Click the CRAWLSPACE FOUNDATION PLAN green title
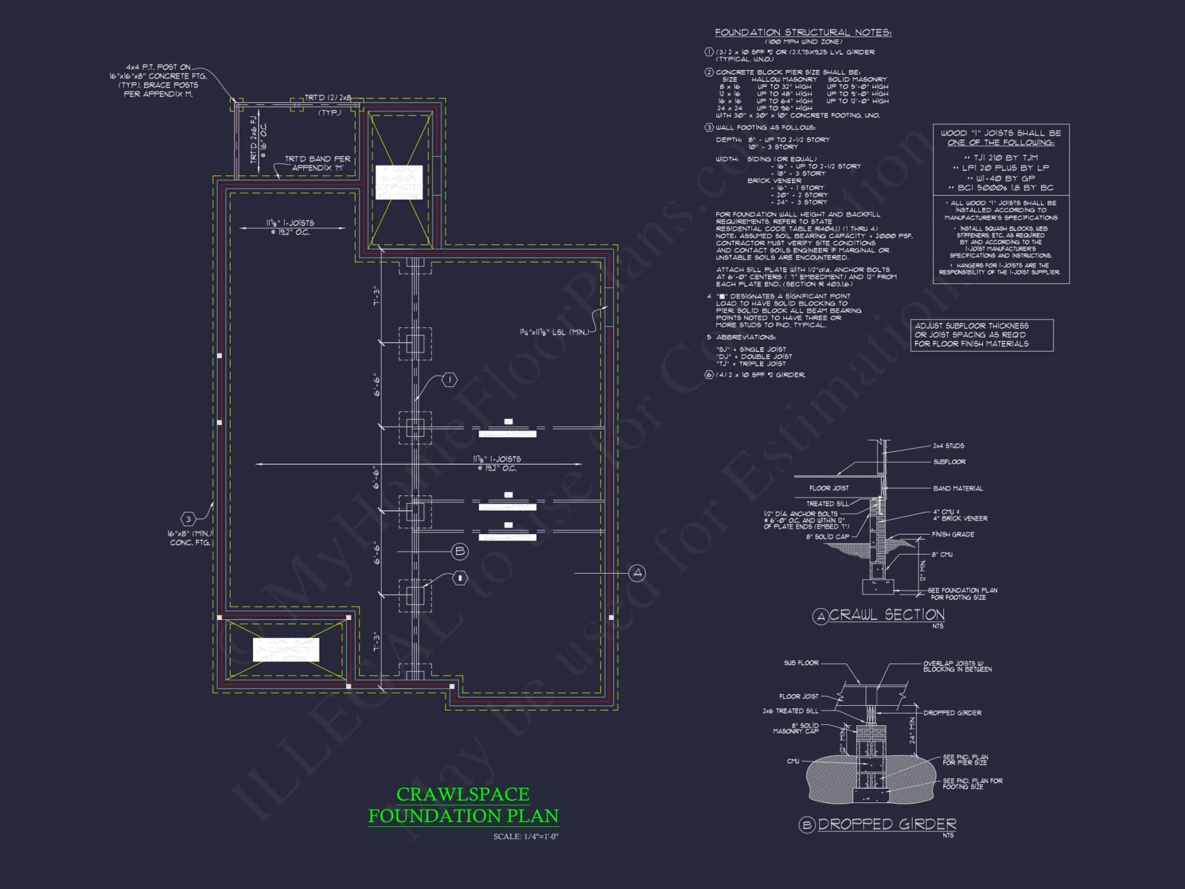click(463, 805)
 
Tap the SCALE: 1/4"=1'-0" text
click(526, 837)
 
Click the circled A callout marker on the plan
click(637, 573)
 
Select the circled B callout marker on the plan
click(460, 552)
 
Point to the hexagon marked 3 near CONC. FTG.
click(188, 519)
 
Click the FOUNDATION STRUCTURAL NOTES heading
click(803, 33)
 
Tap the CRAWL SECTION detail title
click(886, 615)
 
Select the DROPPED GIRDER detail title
click(886, 824)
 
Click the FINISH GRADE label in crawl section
click(953, 535)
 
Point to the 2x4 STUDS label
click(948, 446)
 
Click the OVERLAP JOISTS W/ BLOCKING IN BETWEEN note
click(957, 666)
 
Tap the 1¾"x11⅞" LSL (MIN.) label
click(554, 332)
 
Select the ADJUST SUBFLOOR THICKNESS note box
click(981, 335)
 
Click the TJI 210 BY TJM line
click(1001, 158)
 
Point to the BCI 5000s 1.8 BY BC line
click(1001, 188)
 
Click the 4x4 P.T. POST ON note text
click(158, 68)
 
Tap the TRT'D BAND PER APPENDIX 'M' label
click(318, 164)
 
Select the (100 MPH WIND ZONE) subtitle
click(803, 42)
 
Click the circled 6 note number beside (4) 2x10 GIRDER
click(709, 375)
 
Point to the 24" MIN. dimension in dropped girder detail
click(912, 730)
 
